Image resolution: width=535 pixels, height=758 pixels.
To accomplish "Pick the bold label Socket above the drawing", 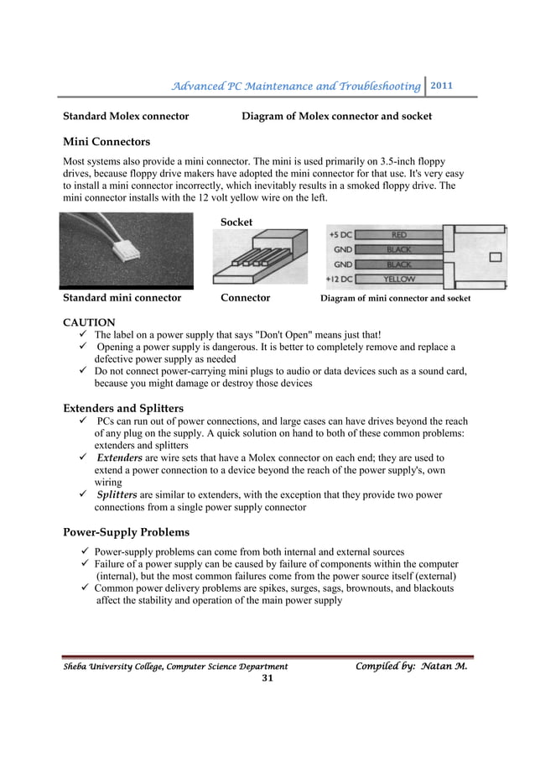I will [x=236, y=222].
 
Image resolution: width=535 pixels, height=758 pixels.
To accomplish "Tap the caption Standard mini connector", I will [x=122, y=298].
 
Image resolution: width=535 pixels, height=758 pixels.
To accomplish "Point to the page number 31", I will [x=267, y=678].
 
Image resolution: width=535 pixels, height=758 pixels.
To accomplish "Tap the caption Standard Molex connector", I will [x=126, y=117].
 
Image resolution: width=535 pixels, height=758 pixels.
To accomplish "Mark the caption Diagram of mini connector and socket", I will [x=397, y=298].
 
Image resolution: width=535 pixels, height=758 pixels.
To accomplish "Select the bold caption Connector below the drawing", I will [x=245, y=298].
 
